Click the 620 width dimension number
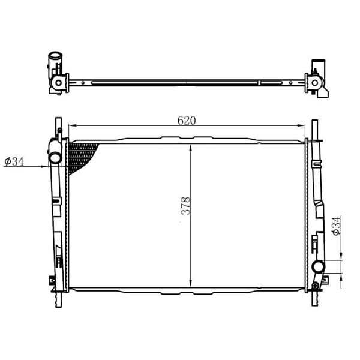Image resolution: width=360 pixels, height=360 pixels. (187, 121)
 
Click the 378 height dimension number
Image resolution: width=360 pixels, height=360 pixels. (186, 206)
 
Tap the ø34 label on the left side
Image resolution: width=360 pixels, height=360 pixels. (14, 161)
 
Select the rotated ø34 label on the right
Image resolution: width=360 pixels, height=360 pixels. (336, 226)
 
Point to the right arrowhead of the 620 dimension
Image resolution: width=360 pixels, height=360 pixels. (301, 125)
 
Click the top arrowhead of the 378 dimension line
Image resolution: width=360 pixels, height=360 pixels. (191, 148)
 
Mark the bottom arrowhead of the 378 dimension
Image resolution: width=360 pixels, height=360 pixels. (191, 283)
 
